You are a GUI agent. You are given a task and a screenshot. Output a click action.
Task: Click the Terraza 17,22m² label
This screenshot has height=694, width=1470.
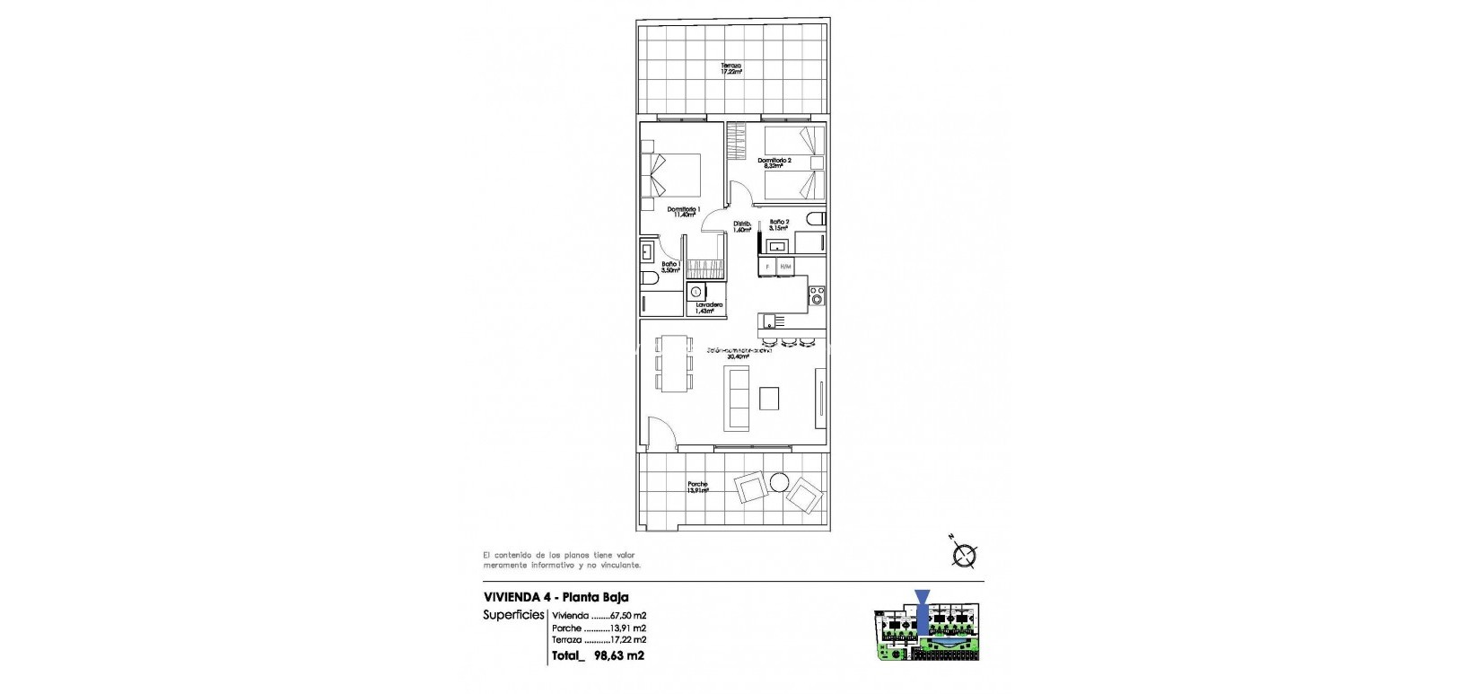point(731,68)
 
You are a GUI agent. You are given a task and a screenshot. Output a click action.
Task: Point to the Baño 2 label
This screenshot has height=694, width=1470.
point(778,224)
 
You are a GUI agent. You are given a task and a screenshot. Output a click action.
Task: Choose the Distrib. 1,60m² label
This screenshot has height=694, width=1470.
point(741,226)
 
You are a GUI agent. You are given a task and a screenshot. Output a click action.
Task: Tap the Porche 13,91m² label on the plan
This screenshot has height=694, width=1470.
point(697,488)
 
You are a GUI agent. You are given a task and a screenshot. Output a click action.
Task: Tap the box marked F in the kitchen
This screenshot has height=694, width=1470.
point(767,267)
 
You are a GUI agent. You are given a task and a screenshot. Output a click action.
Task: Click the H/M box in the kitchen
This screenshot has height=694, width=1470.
point(786,267)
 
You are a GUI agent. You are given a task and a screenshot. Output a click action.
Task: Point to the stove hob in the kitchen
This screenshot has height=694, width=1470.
point(817,295)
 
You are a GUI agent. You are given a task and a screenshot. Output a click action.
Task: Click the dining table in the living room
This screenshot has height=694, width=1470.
point(674,363)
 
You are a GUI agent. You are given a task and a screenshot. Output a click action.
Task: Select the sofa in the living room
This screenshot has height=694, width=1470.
point(738,398)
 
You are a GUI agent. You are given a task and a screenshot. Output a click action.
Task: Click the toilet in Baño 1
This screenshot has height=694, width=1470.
point(648,279)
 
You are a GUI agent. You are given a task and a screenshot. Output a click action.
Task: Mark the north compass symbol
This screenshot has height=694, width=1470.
point(964,556)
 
